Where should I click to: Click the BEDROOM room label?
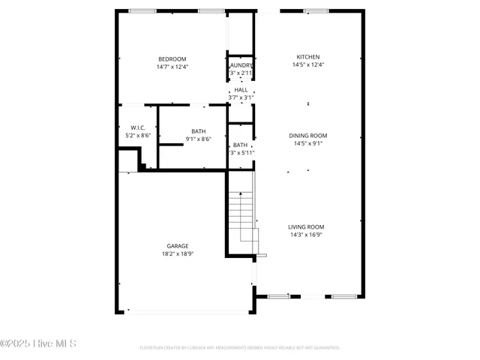[x=172, y=59]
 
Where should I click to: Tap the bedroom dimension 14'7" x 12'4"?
[x=172, y=67]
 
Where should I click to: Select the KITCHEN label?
[x=307, y=57]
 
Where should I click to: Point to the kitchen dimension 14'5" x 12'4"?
[x=307, y=64]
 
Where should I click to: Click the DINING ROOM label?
[x=307, y=136]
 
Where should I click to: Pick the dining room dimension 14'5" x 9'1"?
[x=307, y=143]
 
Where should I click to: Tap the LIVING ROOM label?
[x=306, y=226]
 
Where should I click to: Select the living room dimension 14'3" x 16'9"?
[x=306, y=234]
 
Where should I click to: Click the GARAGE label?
[x=178, y=246]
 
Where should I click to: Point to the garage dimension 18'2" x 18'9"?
[x=178, y=253]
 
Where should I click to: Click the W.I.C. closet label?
[x=137, y=127]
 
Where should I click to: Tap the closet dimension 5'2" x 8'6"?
[x=137, y=135]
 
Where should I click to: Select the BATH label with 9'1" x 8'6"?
[x=199, y=130]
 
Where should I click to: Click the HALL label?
[x=241, y=90]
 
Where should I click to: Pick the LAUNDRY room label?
[x=241, y=65]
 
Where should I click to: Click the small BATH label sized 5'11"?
[x=241, y=145]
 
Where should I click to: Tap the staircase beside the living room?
[x=242, y=214]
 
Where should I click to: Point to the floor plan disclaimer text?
[x=240, y=347]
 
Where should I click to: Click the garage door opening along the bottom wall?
[x=187, y=311]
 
